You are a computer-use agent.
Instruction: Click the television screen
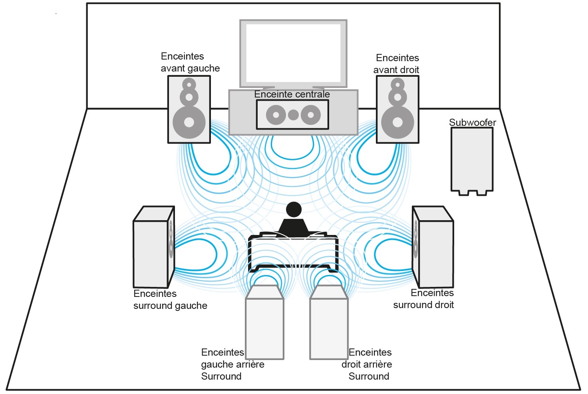coord(293,53)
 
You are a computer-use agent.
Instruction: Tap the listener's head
coord(294,210)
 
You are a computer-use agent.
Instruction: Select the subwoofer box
coord(472,160)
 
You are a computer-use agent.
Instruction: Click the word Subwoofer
coord(473,123)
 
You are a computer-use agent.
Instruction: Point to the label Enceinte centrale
coord(292,94)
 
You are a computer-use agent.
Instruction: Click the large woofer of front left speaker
coord(189,122)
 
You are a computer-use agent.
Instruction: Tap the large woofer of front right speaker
coord(397,122)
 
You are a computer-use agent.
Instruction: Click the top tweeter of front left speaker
coord(189,84)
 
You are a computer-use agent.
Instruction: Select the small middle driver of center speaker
coord(293,115)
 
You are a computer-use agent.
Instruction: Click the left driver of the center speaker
coord(276,115)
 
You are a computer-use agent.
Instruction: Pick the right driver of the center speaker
coord(311,115)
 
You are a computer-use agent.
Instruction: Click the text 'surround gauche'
coord(170,306)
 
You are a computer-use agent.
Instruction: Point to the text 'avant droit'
coord(396,70)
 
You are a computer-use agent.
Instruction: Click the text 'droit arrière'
coord(367,364)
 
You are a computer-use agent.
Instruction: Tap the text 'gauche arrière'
coord(232,364)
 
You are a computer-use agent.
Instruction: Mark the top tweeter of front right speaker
coord(397,84)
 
